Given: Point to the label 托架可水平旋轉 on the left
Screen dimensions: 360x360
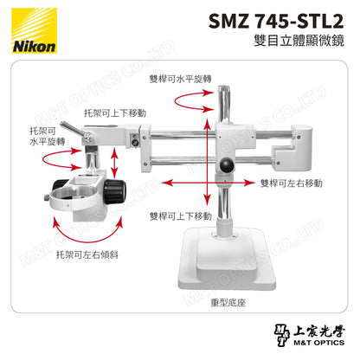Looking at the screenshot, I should pos(45,135).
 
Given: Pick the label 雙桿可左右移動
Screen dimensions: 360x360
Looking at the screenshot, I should pos(291,183).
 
